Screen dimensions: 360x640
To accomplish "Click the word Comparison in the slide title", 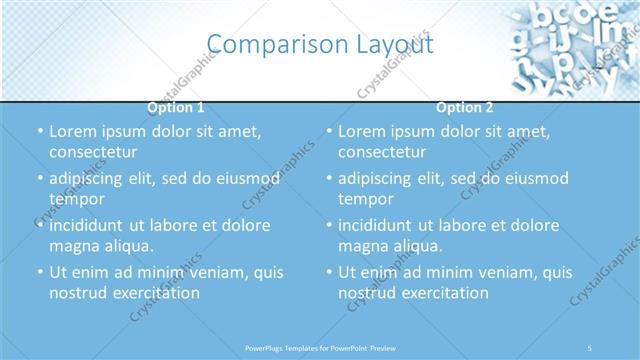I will coord(264,44).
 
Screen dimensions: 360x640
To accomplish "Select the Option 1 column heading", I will coord(176,108).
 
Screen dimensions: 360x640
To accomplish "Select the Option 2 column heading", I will coord(465,108).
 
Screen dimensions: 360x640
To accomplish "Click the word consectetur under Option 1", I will coord(93,152).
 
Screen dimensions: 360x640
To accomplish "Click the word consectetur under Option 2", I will coord(382,152).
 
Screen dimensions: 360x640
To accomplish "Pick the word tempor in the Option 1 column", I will coord(77,199).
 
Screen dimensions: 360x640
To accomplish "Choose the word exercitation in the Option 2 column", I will coord(444,293).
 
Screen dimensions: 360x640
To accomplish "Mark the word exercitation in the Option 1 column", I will coord(155,293).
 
